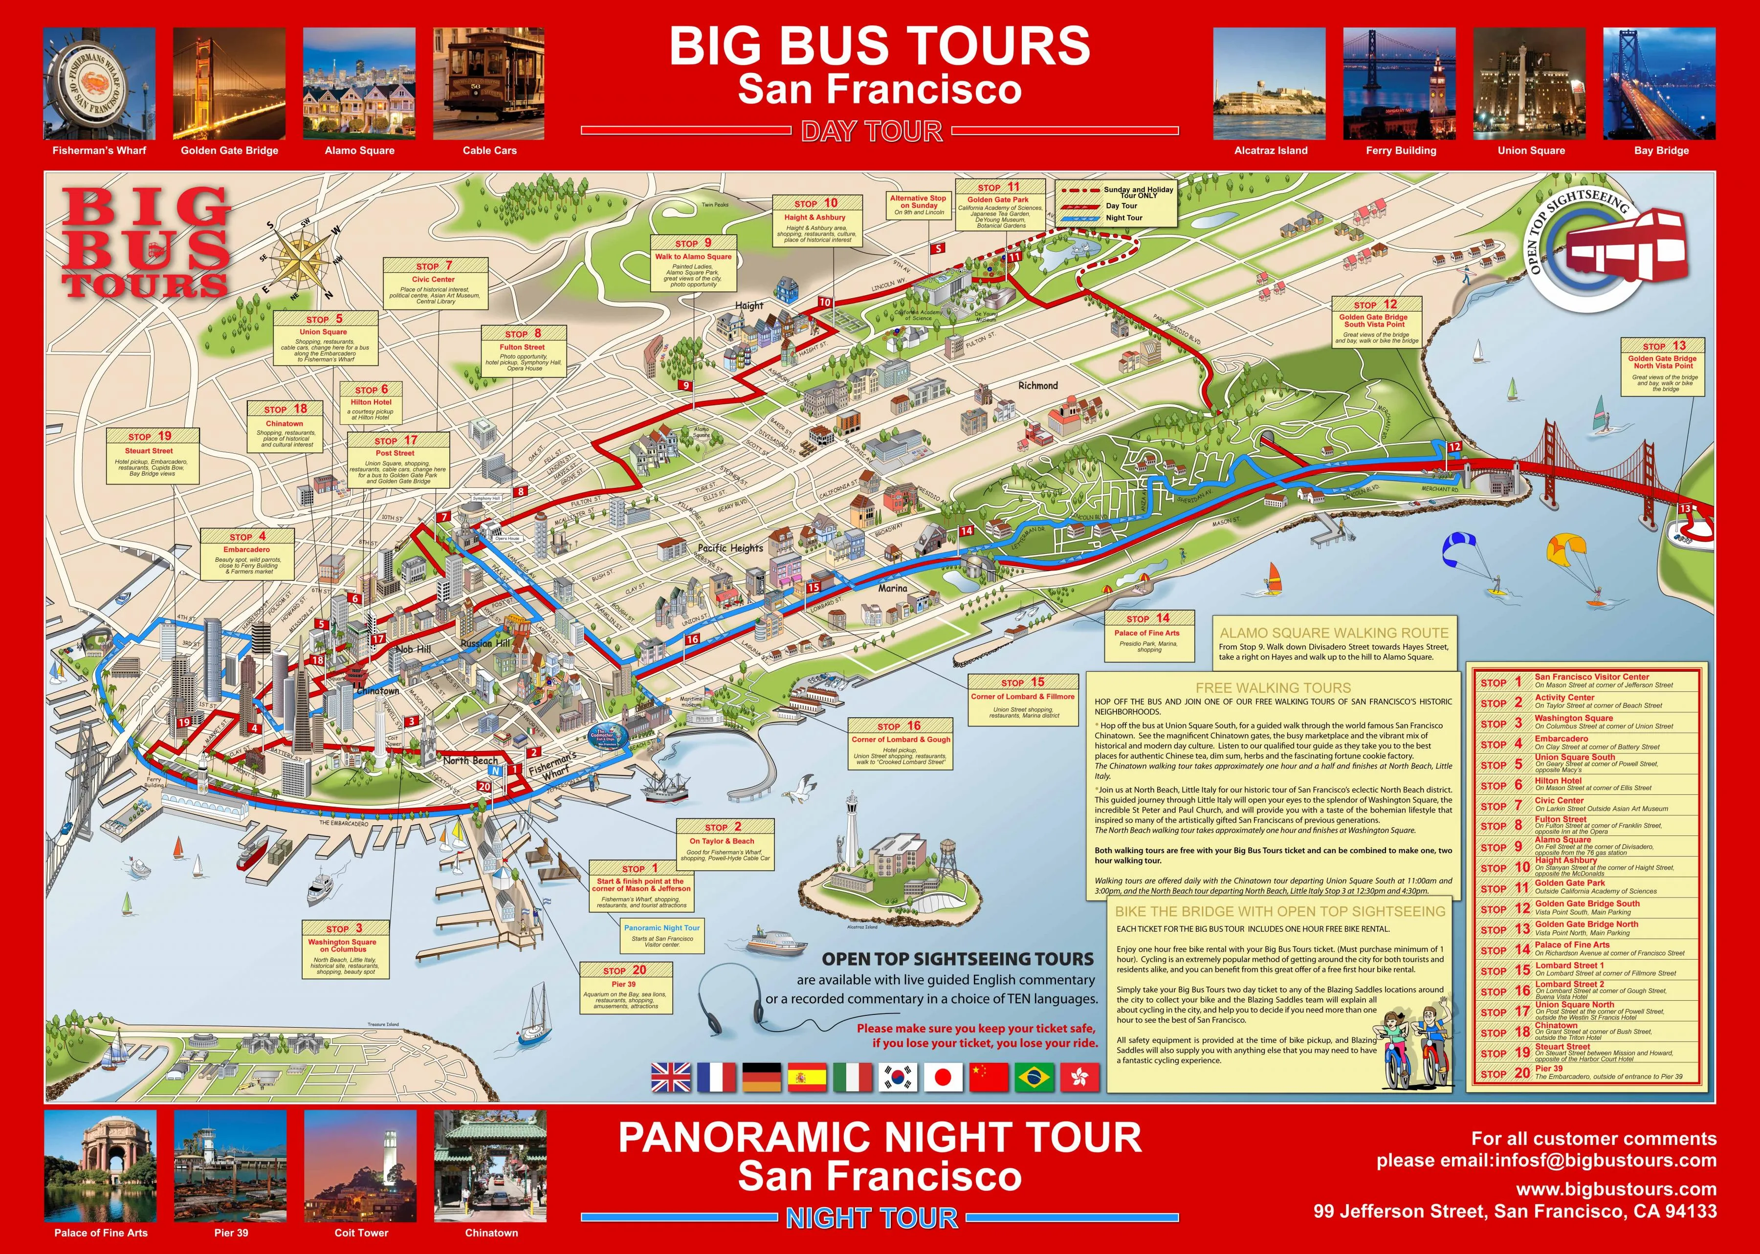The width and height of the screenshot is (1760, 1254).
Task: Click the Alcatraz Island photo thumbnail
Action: tap(1270, 84)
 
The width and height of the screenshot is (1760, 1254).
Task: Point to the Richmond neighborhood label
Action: tap(1037, 385)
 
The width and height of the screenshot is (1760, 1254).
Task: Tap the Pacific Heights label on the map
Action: tap(730, 548)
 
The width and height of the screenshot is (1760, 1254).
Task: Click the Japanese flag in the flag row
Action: tap(943, 1077)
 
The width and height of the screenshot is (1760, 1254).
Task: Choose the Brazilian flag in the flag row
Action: tap(1034, 1077)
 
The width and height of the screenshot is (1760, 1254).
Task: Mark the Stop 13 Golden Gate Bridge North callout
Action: tap(1662, 367)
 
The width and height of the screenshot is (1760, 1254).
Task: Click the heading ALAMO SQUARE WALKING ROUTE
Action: tap(1334, 633)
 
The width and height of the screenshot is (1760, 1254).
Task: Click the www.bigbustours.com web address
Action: tap(1616, 1189)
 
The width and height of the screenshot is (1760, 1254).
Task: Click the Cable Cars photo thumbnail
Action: tap(488, 84)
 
